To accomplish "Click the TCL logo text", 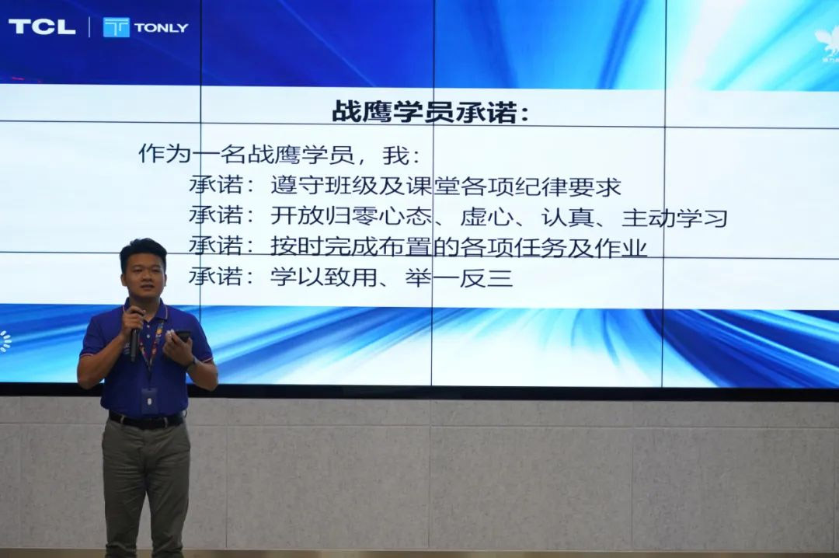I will (x=42, y=26).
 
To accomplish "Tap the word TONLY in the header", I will (x=161, y=27).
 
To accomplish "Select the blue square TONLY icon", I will (x=117, y=27).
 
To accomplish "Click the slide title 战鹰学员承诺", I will (x=430, y=111).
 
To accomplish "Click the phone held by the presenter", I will (x=183, y=336).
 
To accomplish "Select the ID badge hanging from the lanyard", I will (x=149, y=401).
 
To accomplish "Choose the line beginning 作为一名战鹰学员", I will (x=279, y=154).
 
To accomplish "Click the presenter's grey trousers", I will (x=145, y=482).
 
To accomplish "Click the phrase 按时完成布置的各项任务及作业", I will (x=458, y=247).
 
